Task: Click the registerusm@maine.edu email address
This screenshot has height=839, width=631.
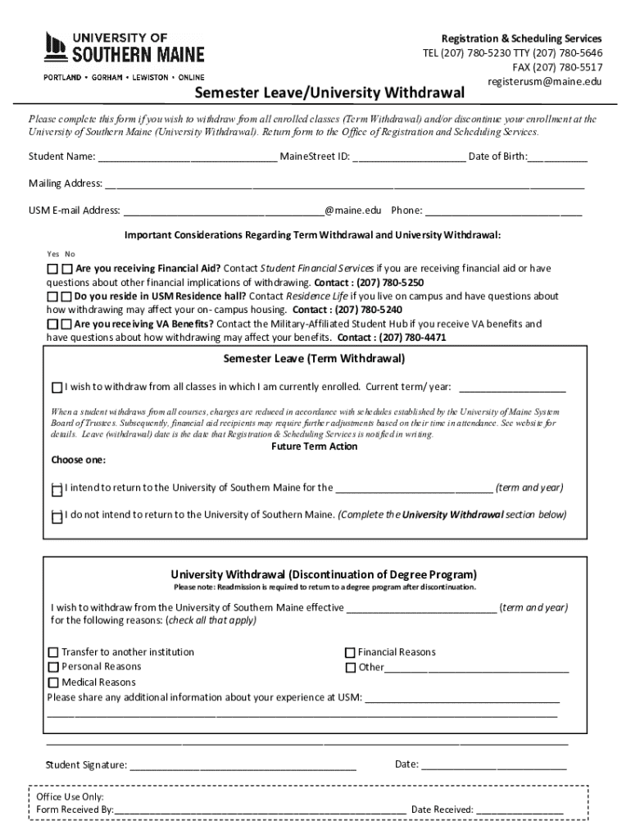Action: tap(545, 82)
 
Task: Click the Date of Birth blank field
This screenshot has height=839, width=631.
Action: tap(557, 157)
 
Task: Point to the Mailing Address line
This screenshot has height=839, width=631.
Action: tap(344, 184)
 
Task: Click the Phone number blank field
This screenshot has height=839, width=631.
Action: tap(503, 211)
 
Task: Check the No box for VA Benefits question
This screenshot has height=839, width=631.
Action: tap(66, 324)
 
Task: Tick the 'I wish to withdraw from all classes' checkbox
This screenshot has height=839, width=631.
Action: tap(57, 388)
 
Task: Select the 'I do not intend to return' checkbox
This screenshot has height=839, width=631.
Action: tap(57, 517)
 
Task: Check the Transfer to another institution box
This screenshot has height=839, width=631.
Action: tap(53, 653)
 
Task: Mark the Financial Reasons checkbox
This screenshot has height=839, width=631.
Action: tap(350, 653)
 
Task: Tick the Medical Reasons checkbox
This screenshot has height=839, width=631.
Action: tap(53, 683)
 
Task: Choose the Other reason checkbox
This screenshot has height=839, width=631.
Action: tap(350, 668)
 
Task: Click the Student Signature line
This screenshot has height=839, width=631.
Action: tap(243, 766)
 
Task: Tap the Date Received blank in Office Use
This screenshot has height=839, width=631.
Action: tap(520, 810)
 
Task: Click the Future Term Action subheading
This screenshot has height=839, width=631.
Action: tap(314, 447)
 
